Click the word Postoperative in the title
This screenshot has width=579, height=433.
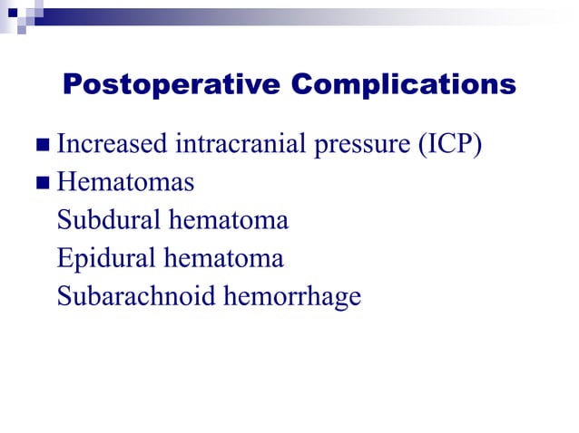click(172, 85)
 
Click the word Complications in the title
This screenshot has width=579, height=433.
click(404, 85)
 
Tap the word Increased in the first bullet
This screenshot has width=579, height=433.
click(112, 143)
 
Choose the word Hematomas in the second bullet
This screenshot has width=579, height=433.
click(125, 182)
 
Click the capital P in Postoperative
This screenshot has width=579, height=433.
click(72, 85)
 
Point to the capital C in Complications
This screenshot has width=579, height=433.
click(304, 85)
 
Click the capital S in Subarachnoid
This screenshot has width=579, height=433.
click(64, 296)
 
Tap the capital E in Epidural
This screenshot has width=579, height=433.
click(64, 259)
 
